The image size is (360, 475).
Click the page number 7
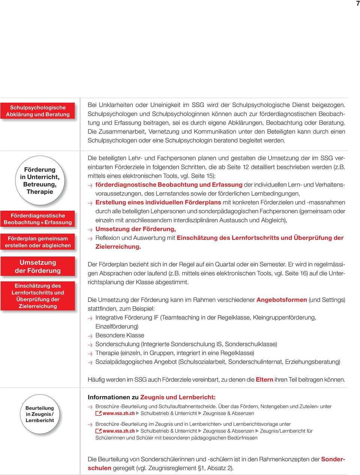tap(358, 3)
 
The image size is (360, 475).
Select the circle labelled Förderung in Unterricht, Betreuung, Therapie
tap(40, 180)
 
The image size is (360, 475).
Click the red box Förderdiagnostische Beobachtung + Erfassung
tap(38, 219)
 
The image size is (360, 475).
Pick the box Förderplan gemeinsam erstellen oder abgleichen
tap(38, 242)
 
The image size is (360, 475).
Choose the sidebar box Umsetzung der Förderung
tap(38, 267)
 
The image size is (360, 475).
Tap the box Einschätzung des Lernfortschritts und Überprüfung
tap(38, 296)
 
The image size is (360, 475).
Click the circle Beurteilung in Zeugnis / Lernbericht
tap(40, 414)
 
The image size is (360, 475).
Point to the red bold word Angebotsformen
tap(282, 300)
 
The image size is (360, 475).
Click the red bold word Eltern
tap(264, 379)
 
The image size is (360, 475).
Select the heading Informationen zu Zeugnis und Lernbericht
tap(151, 397)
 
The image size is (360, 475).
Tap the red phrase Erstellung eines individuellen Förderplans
tap(158, 202)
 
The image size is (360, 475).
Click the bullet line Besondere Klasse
tap(120, 335)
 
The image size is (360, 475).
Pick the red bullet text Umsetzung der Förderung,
tap(136, 229)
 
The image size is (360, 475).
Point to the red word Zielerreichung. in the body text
tap(118, 247)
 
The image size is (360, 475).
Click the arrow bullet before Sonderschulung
tap(90, 345)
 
